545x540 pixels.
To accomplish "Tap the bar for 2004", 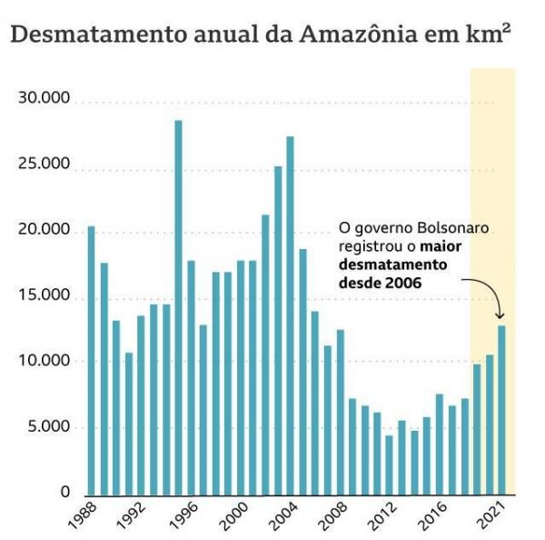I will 290,315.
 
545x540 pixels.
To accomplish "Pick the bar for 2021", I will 500,409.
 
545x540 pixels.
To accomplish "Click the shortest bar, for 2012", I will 389,464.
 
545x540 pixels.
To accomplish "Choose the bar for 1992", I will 141,404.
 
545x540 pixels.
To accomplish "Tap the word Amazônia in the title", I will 358,35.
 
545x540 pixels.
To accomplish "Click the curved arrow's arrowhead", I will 500,318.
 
